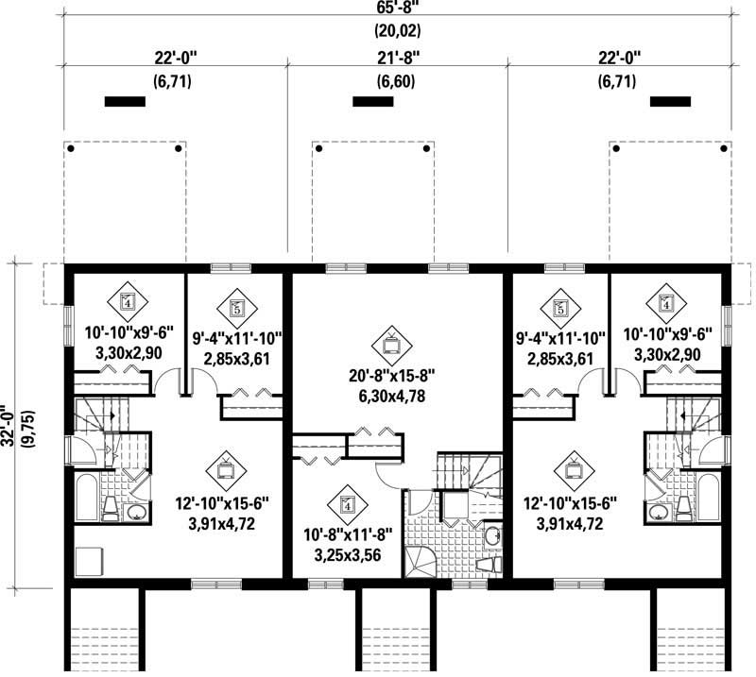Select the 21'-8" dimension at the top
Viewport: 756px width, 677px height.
point(397,58)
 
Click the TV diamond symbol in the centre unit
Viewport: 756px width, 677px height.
point(391,339)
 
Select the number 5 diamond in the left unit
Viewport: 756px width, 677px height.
point(235,307)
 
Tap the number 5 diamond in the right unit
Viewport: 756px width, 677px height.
point(559,307)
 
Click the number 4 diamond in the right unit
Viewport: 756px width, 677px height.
point(665,303)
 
